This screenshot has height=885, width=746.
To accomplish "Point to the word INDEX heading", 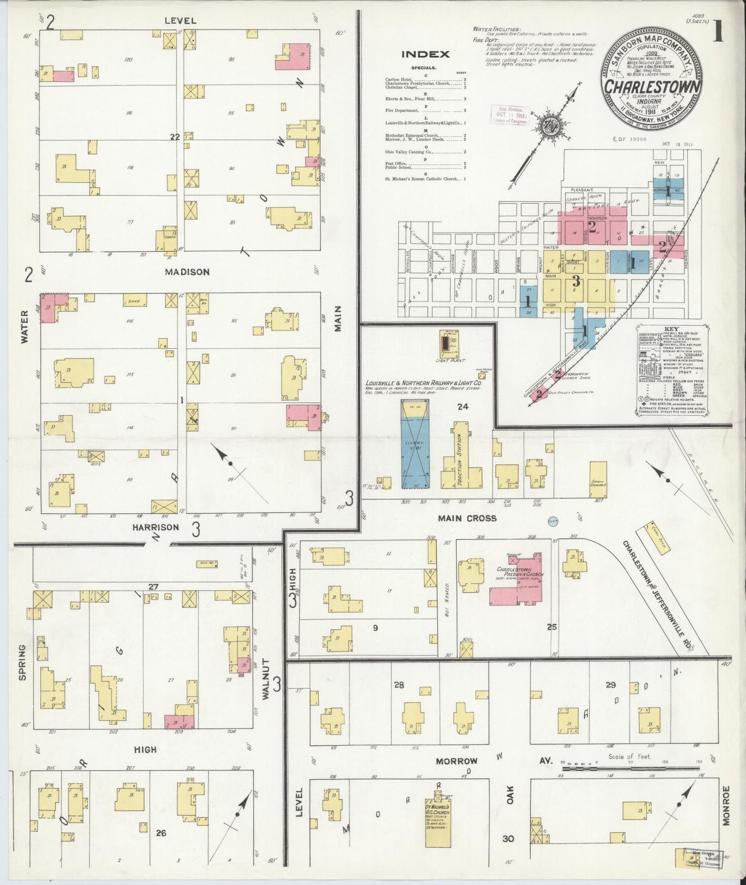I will click(425, 54).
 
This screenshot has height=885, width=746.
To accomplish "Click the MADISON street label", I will click(187, 272).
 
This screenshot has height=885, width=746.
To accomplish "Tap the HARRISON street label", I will click(155, 527).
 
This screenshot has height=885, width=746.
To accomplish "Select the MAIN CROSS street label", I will click(467, 518).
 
